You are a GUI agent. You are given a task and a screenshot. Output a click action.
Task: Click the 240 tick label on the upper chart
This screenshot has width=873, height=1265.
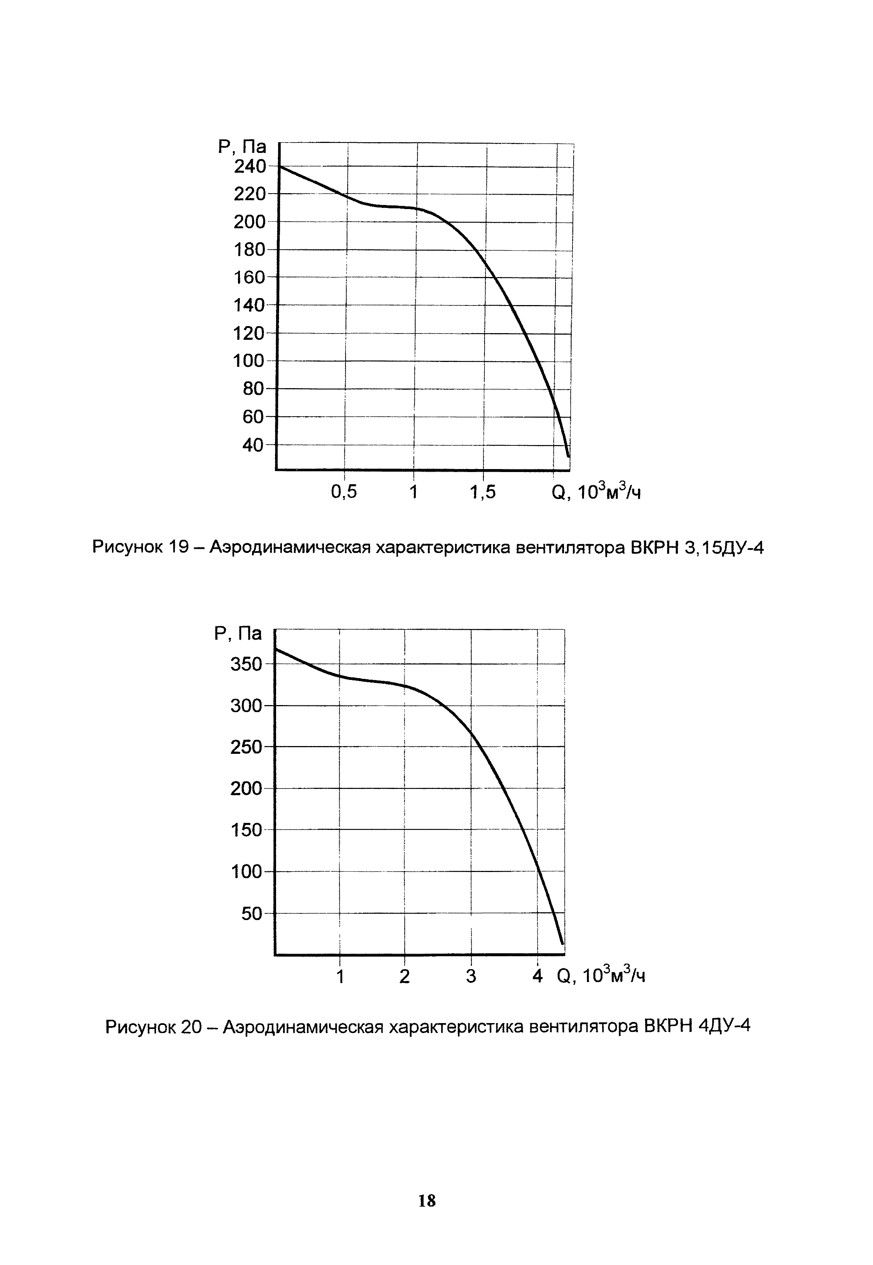click(x=249, y=166)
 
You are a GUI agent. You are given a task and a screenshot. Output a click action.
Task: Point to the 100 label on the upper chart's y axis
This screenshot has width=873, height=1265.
click(x=249, y=361)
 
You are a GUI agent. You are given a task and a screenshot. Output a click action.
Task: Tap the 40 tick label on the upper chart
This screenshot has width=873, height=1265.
click(x=253, y=445)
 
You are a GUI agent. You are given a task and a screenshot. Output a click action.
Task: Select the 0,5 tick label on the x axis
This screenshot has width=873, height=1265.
click(x=344, y=492)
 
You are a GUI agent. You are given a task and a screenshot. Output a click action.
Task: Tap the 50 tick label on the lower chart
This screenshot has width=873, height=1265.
click(x=252, y=913)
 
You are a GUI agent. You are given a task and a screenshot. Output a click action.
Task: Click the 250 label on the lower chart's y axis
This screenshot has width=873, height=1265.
click(x=246, y=747)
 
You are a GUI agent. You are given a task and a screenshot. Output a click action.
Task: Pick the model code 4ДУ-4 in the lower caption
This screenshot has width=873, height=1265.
click(x=724, y=1027)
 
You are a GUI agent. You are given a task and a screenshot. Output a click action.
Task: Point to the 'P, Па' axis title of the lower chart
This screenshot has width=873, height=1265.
click(x=238, y=633)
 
